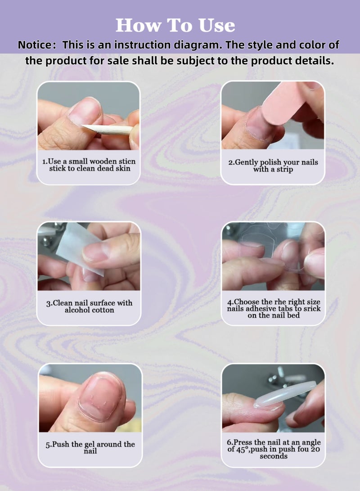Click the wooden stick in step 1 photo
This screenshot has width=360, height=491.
(x=112, y=129)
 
